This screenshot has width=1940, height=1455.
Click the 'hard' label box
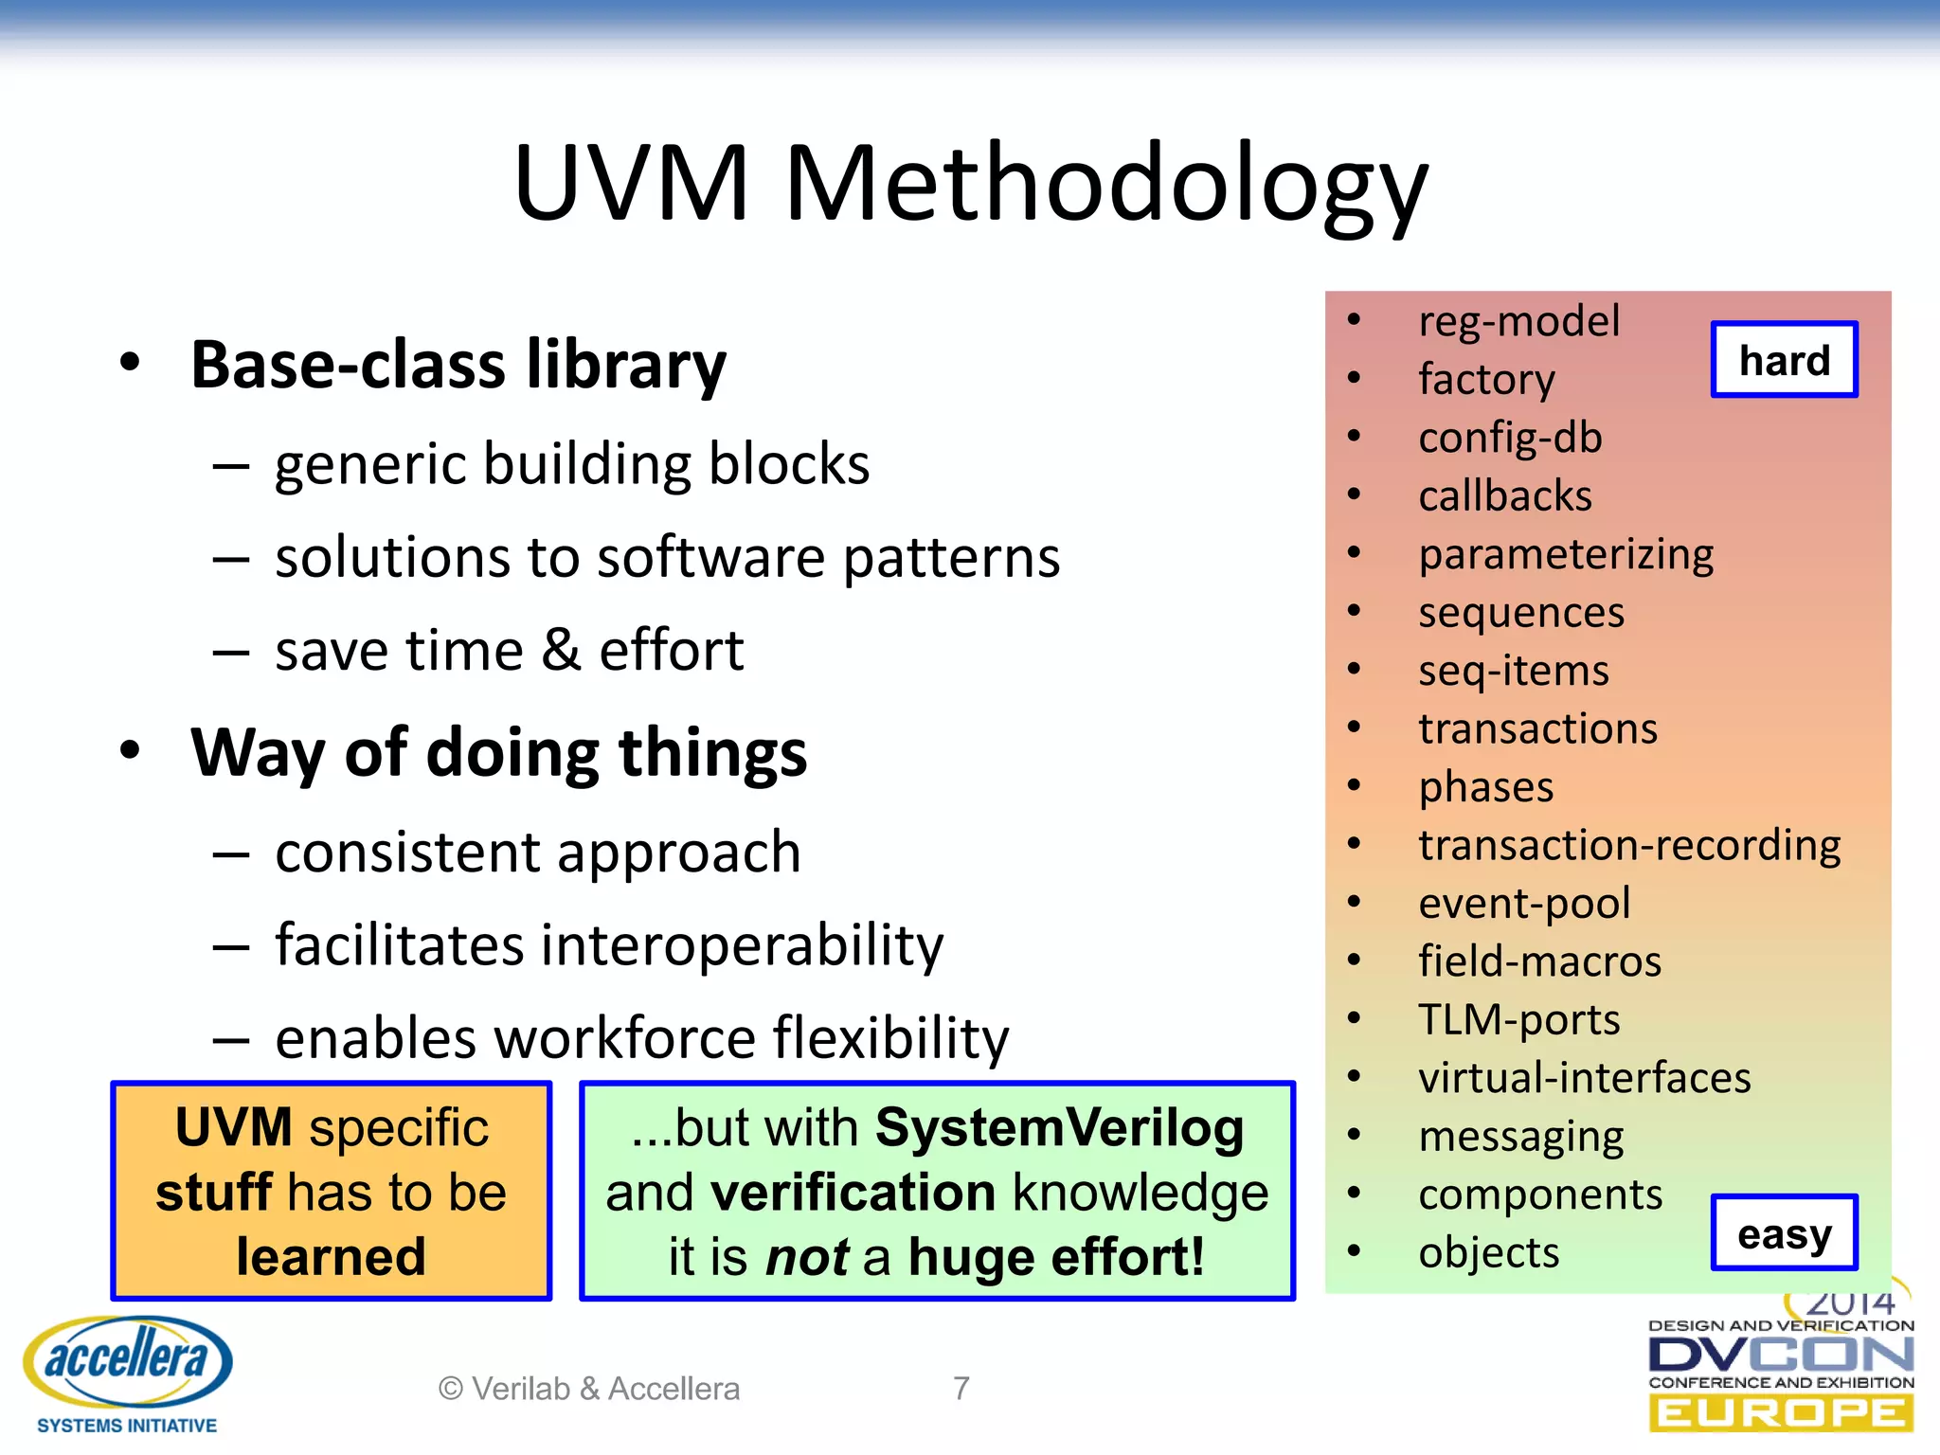(x=1784, y=360)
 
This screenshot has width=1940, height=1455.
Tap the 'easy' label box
(x=1784, y=1232)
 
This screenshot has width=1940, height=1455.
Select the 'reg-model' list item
(x=1518, y=321)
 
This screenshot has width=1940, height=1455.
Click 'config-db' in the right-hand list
(x=1510, y=438)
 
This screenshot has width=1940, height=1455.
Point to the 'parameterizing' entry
(x=1566, y=554)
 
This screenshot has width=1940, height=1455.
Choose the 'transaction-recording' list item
(x=1629, y=845)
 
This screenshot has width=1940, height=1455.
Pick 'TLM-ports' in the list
(x=1518, y=1020)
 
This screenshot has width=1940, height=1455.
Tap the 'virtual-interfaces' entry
(x=1584, y=1078)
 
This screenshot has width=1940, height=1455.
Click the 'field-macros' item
(x=1539, y=961)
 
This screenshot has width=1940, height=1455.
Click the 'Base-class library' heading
(x=458, y=365)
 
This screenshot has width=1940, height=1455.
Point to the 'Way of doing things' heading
(x=498, y=753)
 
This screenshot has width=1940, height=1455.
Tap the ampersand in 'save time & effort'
(x=561, y=651)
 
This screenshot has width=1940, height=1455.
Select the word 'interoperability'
(x=734, y=945)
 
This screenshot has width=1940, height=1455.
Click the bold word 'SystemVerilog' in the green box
(x=1059, y=1128)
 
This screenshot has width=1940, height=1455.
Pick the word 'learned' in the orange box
(x=331, y=1257)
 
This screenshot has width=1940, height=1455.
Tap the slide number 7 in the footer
(x=961, y=1389)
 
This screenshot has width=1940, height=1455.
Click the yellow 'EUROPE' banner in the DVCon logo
(x=1781, y=1413)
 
